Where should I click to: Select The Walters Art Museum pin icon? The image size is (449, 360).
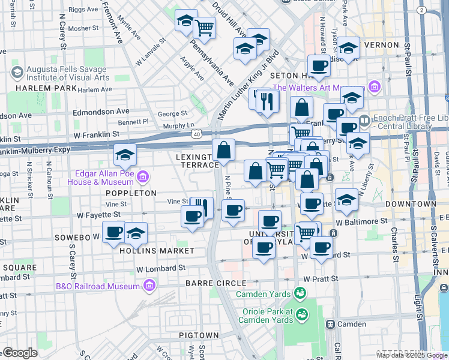pyautogui.click(x=375, y=88)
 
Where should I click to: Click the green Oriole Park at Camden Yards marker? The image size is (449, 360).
pyautogui.click(x=301, y=313)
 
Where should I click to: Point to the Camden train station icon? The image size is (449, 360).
pyautogui.click(x=330, y=324)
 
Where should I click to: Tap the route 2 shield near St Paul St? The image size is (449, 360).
pyautogui.click(x=421, y=10)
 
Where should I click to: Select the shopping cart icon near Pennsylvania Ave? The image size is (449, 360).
pyautogui.click(x=205, y=26)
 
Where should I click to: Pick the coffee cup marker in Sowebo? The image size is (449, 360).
pyautogui.click(x=113, y=232)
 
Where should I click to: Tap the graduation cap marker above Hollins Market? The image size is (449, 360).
pyautogui.click(x=136, y=233)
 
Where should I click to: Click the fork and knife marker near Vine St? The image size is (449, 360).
pyautogui.click(x=202, y=208)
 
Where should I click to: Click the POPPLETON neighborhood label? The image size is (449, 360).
pyautogui.click(x=130, y=193)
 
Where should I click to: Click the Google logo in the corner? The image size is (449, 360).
pyautogui.click(x=20, y=353)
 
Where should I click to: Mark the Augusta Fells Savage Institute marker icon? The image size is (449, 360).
pyautogui.click(x=17, y=73)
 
